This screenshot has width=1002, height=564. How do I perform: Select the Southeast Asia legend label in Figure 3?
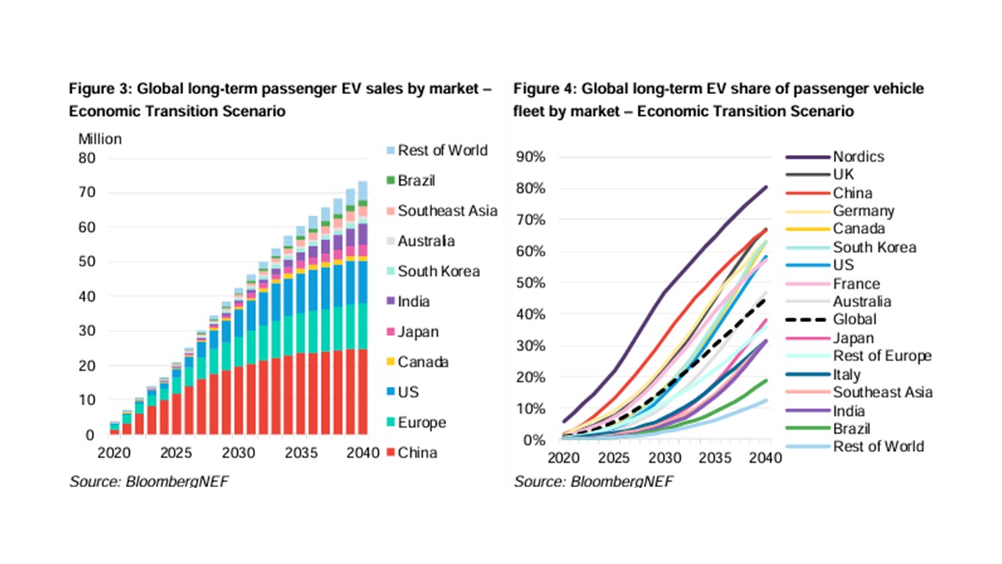[x=447, y=211]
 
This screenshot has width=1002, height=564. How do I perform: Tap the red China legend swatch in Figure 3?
[x=389, y=453]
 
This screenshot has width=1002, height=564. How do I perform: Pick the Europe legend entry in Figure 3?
[x=421, y=423]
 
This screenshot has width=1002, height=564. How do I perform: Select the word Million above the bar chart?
[x=100, y=139]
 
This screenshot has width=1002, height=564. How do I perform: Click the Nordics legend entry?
[x=858, y=157]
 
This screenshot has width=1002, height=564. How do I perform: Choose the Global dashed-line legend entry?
[x=854, y=320]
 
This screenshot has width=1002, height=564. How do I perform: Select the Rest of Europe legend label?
[x=882, y=356]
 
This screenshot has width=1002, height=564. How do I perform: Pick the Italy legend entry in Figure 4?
[x=846, y=375]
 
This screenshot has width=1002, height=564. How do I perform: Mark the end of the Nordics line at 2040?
[x=766, y=186]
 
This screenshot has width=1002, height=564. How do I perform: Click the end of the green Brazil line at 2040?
[x=766, y=381]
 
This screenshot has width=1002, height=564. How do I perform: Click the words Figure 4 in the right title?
[x=543, y=89]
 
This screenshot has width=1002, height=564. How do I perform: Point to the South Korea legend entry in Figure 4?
[x=874, y=247]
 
